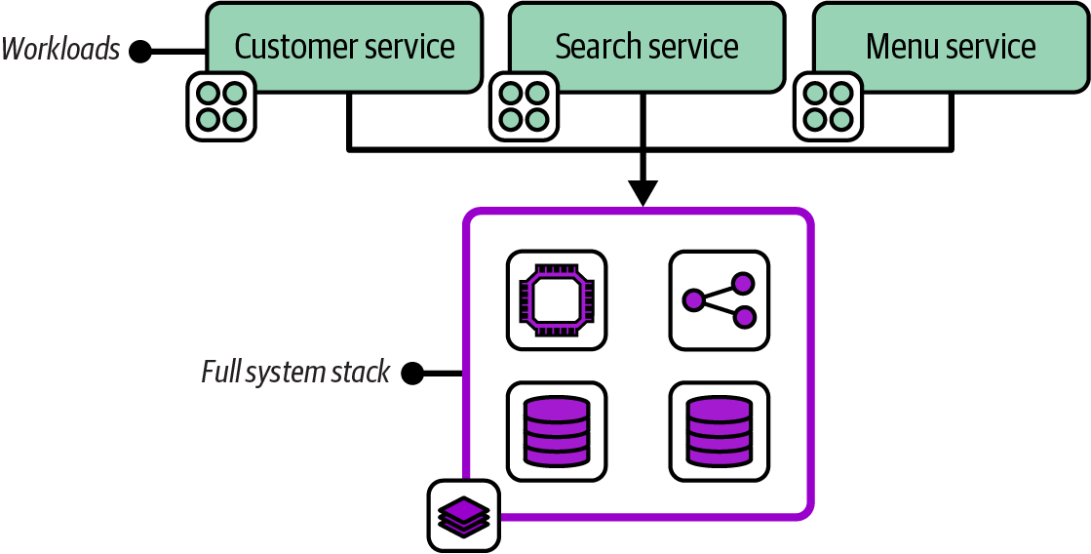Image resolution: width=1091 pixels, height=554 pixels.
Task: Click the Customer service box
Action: [x=344, y=47]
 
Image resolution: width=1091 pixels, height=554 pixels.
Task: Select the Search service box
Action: [x=646, y=47]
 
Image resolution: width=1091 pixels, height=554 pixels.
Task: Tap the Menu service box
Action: [x=951, y=47]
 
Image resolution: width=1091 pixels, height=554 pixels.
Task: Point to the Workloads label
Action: [x=60, y=49]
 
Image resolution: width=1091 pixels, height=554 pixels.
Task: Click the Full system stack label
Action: [x=295, y=372]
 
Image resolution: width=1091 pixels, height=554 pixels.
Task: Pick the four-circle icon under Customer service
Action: [x=220, y=105]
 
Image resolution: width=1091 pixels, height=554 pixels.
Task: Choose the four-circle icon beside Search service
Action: [x=523, y=105]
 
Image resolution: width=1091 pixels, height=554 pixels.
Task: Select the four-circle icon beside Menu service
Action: [x=828, y=105]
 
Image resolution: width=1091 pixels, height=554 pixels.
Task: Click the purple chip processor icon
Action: [x=557, y=299]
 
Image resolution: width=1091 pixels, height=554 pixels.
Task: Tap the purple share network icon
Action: [x=719, y=299]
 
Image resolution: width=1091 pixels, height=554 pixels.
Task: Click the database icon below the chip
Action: [x=557, y=430]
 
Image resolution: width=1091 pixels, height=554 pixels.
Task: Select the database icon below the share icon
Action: [x=719, y=430]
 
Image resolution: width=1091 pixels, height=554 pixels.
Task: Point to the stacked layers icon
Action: [x=463, y=515]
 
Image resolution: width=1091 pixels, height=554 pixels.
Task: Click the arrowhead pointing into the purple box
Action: [x=642, y=193]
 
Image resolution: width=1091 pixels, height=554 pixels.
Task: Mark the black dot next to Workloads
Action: [x=140, y=50]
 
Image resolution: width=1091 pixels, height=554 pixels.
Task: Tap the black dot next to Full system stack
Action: [x=412, y=373]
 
